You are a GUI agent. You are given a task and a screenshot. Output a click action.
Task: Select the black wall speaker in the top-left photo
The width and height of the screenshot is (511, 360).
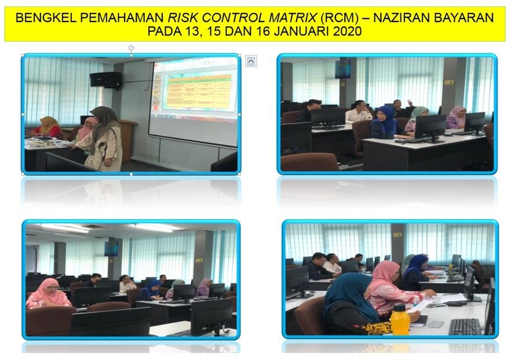(105, 79)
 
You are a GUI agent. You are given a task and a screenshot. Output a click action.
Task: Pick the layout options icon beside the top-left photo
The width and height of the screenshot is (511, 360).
(250, 61)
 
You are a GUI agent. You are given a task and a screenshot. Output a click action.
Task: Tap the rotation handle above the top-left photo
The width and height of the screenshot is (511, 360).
(131, 48)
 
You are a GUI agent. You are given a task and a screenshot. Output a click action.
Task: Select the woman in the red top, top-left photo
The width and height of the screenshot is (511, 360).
(49, 127)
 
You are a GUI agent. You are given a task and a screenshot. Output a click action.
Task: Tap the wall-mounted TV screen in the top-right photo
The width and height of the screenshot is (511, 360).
(342, 68)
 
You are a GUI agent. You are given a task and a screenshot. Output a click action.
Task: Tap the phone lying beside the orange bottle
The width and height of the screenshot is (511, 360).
(435, 323)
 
